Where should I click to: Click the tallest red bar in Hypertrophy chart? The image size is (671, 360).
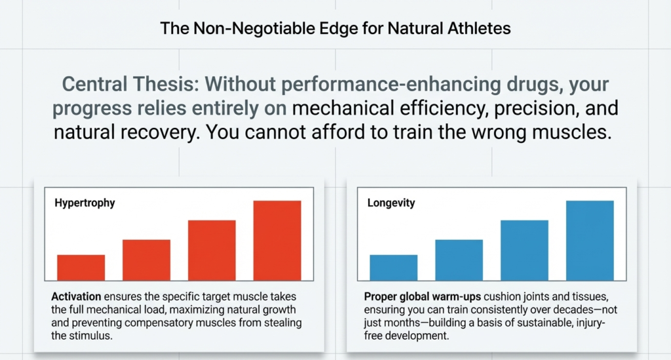(277, 240)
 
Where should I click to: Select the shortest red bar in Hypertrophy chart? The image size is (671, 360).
(81, 267)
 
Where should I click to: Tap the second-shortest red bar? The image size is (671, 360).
(146, 260)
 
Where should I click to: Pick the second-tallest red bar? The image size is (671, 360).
(212, 250)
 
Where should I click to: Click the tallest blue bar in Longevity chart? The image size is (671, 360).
(590, 240)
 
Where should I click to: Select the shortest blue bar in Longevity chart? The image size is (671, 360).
(393, 267)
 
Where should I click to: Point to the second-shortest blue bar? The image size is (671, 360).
(459, 260)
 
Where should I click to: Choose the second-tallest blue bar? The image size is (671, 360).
(524, 250)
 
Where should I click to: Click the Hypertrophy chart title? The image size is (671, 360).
(85, 203)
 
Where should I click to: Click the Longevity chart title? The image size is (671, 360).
(391, 203)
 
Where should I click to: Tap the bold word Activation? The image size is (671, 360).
(73, 295)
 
